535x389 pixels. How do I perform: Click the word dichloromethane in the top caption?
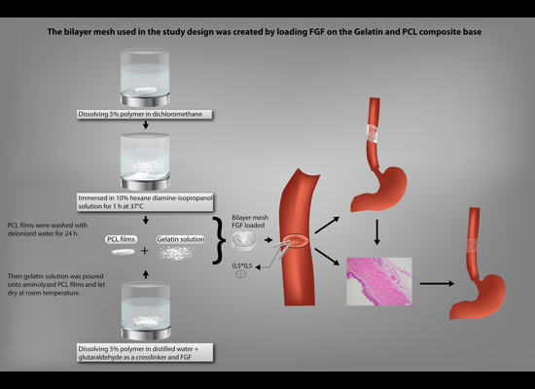tap(177, 115)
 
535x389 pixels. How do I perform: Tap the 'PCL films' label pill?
tap(122, 239)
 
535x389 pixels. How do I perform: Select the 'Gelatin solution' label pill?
tap(181, 239)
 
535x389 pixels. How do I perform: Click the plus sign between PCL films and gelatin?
tap(145, 251)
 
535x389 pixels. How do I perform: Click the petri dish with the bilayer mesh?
tap(243, 240)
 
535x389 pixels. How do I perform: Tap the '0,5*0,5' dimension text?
tap(242, 265)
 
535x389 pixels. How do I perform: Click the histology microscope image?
tap(379, 281)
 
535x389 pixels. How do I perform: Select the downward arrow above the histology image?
tap(376, 232)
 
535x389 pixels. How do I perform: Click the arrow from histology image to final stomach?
tap(437, 284)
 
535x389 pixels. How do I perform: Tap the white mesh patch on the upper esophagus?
tap(373, 133)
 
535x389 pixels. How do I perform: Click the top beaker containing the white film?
tap(145, 78)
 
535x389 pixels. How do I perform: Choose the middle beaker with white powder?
tap(145, 161)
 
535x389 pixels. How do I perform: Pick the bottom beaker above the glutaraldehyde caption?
tap(146, 311)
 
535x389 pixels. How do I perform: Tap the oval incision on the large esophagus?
tap(296, 240)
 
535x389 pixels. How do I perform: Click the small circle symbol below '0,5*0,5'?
tap(241, 273)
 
